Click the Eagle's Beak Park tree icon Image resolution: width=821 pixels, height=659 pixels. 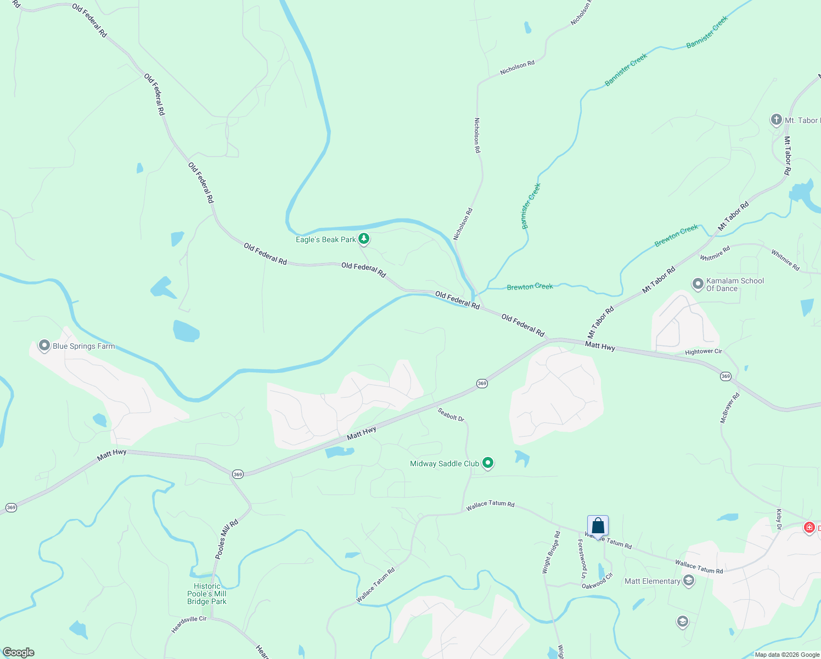[363, 239]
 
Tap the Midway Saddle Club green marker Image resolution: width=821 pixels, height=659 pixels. [487, 463]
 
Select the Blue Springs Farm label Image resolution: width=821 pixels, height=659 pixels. [83, 346]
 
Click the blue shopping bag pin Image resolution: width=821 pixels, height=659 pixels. [598, 526]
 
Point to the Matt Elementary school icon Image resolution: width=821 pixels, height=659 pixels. [688, 580]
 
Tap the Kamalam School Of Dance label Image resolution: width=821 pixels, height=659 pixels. [735, 284]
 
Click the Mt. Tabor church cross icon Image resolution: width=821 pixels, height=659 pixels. [776, 120]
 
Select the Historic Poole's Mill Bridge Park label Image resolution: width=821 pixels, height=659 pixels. [207, 594]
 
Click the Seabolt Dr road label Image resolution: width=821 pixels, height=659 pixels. [451, 415]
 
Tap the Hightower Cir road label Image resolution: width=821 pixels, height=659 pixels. [704, 351]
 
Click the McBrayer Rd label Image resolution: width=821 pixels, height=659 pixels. [729, 407]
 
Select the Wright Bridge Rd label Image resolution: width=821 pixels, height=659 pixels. [551, 552]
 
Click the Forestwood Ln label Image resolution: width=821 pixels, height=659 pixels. [582, 558]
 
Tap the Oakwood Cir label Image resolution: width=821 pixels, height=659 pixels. [597, 582]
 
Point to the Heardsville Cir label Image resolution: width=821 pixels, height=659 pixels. [189, 624]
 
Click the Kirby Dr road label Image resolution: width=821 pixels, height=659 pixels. [779, 519]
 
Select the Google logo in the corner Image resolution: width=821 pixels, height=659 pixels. [19, 652]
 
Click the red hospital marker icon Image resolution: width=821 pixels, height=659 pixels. [809, 528]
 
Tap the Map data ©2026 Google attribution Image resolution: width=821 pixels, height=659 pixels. [787, 655]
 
